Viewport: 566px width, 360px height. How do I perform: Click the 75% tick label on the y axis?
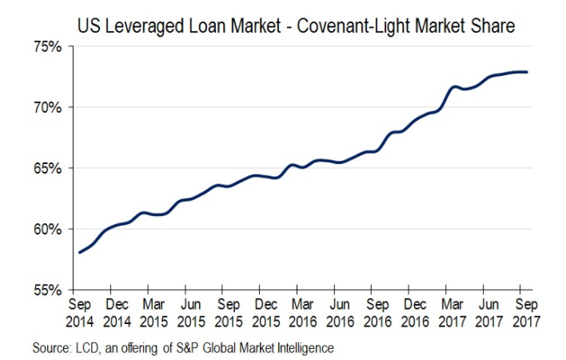pos(47,47)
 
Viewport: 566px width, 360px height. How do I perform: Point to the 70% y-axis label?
pos(47,107)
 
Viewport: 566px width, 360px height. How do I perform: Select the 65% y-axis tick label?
pos(47,168)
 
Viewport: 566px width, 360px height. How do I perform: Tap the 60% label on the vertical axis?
pos(47,230)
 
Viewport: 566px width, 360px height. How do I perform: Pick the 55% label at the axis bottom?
pos(47,290)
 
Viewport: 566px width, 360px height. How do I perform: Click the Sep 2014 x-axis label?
pos(78,313)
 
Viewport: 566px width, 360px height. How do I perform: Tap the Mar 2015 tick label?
pos(153,313)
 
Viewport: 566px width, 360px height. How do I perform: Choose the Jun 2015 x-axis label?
pos(190,313)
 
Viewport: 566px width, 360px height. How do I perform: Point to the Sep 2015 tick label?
pos(228,313)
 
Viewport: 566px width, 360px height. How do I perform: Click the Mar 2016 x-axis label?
pos(302,313)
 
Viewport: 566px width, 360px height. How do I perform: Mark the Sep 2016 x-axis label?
pos(377,313)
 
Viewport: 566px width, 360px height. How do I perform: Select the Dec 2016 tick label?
pos(414,313)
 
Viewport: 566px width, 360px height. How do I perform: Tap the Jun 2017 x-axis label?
pos(488,313)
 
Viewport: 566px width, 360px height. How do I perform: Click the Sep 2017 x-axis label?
pos(526,313)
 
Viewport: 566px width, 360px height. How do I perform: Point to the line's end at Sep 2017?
pos(527,72)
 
